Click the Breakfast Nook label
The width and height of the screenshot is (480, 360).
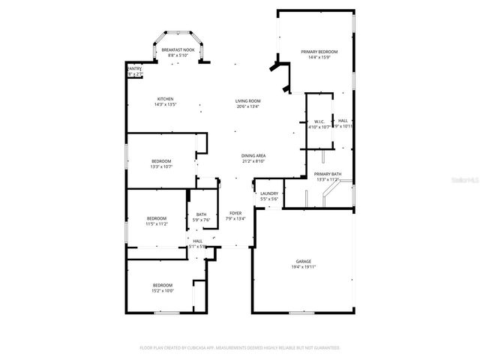pyautogui.click(x=178, y=49)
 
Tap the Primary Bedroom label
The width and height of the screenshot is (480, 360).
pyautogui.click(x=319, y=52)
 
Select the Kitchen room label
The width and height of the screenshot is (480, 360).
pyautogui.click(x=165, y=100)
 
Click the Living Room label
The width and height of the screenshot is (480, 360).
pyautogui.click(x=247, y=100)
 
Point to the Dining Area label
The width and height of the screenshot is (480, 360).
pyautogui.click(x=254, y=155)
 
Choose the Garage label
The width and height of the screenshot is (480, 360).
pyautogui.click(x=303, y=261)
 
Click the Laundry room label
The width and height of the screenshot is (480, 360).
pyautogui.click(x=269, y=193)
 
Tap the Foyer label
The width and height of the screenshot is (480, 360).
pyautogui.click(x=234, y=214)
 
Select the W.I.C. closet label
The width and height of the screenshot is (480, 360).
pyautogui.click(x=319, y=121)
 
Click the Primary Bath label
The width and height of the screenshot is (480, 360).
pyautogui.click(x=328, y=174)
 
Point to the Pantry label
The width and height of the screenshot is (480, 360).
pyautogui.click(x=133, y=69)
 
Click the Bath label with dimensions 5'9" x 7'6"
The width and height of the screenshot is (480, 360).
pyautogui.click(x=201, y=214)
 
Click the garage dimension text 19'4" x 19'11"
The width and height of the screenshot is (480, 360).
pyautogui.click(x=303, y=266)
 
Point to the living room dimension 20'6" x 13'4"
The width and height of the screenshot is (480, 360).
pyautogui.click(x=247, y=106)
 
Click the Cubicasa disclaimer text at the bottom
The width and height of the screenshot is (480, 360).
pyautogui.click(x=240, y=348)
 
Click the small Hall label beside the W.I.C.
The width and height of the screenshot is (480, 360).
pyautogui.click(x=343, y=121)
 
